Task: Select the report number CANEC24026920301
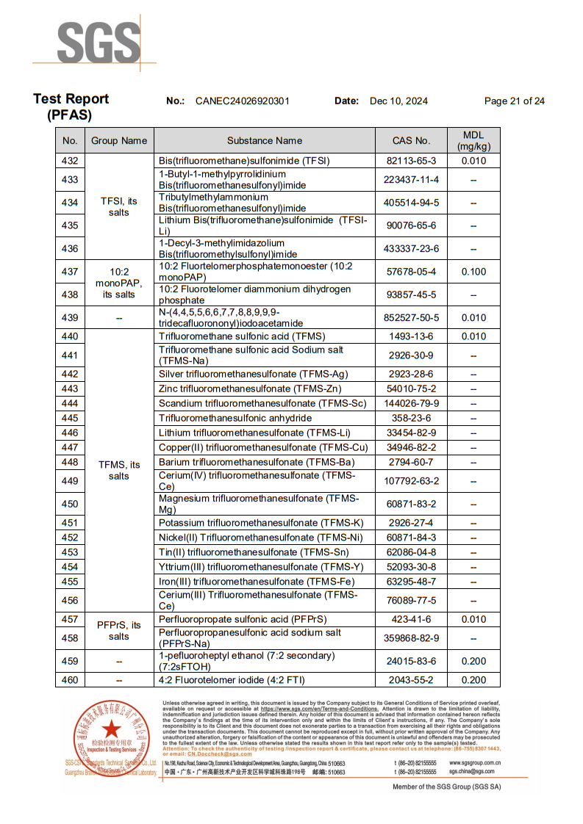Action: [x=242, y=101]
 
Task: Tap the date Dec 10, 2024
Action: [x=398, y=101]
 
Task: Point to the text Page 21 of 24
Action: [x=514, y=101]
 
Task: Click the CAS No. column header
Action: [x=412, y=140]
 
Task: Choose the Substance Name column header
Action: [x=265, y=140]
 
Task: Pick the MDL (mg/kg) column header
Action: [x=473, y=140]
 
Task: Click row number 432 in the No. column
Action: [x=70, y=161]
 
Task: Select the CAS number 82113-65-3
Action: [x=412, y=161]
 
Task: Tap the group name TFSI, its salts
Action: [x=118, y=206]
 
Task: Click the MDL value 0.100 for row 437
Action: [x=473, y=272]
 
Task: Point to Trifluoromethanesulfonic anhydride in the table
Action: [x=235, y=418]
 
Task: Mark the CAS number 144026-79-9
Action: [x=412, y=403]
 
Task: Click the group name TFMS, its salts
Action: [x=118, y=470]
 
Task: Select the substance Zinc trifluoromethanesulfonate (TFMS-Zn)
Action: [x=250, y=388]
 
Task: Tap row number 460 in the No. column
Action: [x=70, y=680]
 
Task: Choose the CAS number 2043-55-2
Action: [x=412, y=680]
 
